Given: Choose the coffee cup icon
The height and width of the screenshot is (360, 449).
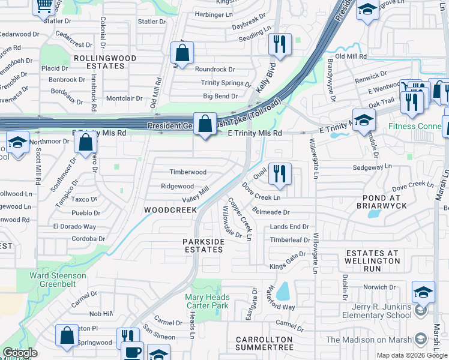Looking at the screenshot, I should tap(132, 351).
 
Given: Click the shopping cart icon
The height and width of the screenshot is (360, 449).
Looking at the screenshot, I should tap(44, 5).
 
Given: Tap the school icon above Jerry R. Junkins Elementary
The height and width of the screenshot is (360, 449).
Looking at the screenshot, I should tap(423, 292).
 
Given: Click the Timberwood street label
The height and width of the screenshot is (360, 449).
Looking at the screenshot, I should tap(188, 172).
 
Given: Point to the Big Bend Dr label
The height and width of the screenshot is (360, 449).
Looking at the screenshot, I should tap(220, 96).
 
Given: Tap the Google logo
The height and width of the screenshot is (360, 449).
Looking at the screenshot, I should tap(19, 353).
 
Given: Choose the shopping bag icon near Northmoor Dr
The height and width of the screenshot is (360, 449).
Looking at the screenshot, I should tap(86, 142).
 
